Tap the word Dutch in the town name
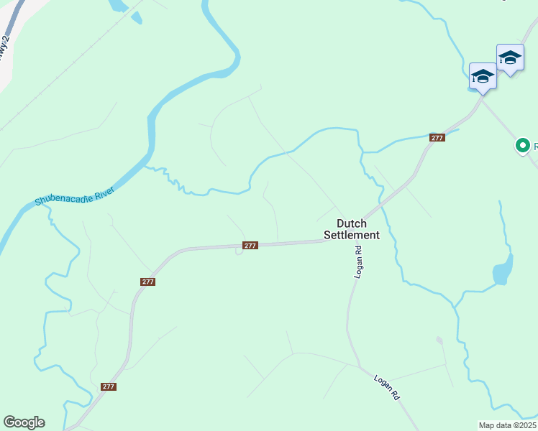click(x=352, y=223)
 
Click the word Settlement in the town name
click(x=352, y=235)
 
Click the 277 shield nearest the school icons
click(x=437, y=137)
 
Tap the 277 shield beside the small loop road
click(x=250, y=246)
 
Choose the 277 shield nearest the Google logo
click(x=108, y=386)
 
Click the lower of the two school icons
click(x=482, y=76)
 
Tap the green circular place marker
click(x=524, y=146)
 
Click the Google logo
click(x=24, y=422)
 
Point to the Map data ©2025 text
click(x=508, y=425)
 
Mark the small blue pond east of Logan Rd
click(x=501, y=272)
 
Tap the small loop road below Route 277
click(x=238, y=251)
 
